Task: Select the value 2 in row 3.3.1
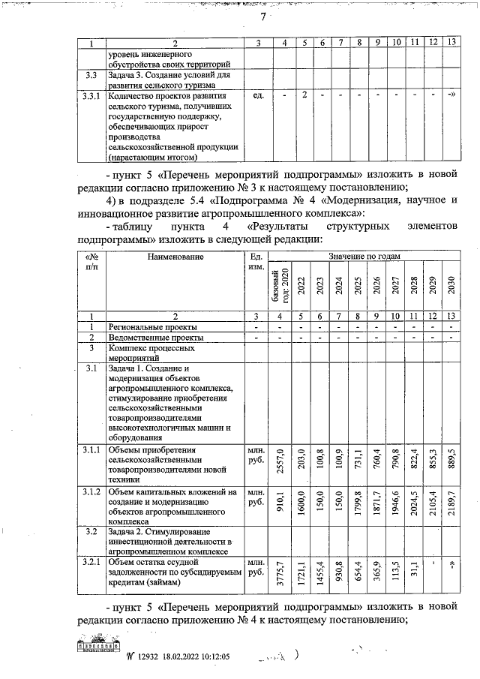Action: [304, 95]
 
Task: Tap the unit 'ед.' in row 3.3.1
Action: [258, 96]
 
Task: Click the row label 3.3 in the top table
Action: [90, 76]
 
